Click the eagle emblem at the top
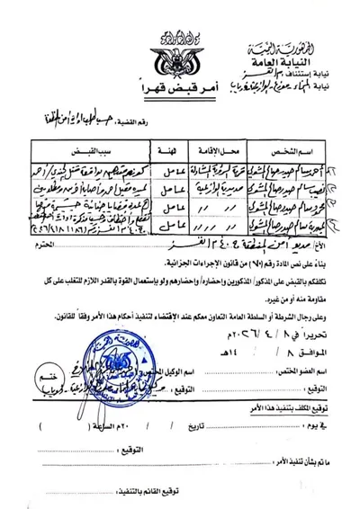[181, 54]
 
